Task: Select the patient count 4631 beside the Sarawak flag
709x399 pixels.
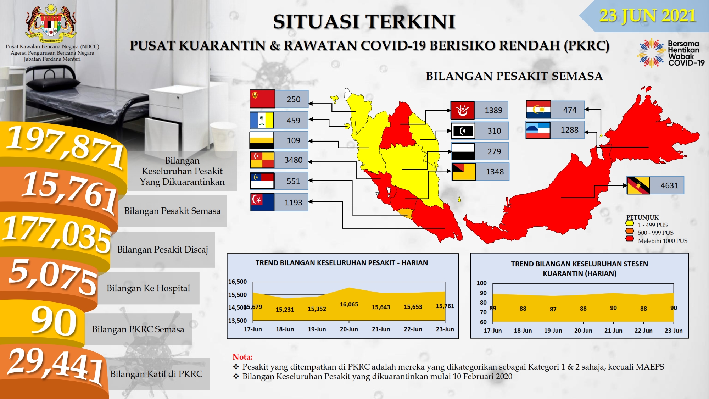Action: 669,185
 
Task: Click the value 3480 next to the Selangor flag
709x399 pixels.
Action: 294,160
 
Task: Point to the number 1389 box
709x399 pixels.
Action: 493,110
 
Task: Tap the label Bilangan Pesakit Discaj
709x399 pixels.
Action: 162,250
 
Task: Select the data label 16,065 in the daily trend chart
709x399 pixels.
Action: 349,304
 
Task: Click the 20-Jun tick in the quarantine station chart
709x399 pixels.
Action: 583,331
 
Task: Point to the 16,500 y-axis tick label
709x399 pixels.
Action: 238,282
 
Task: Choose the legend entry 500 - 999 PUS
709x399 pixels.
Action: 655,233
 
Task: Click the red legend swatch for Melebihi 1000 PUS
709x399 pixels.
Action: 630,239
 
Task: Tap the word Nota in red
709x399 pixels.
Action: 242,357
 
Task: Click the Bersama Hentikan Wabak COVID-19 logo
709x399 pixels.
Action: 671,53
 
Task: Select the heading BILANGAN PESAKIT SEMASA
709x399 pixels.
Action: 514,76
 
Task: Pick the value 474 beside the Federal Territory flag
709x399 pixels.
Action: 570,110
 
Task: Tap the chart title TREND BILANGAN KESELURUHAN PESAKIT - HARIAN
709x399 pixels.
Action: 342,263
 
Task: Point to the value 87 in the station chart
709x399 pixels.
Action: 553,309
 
